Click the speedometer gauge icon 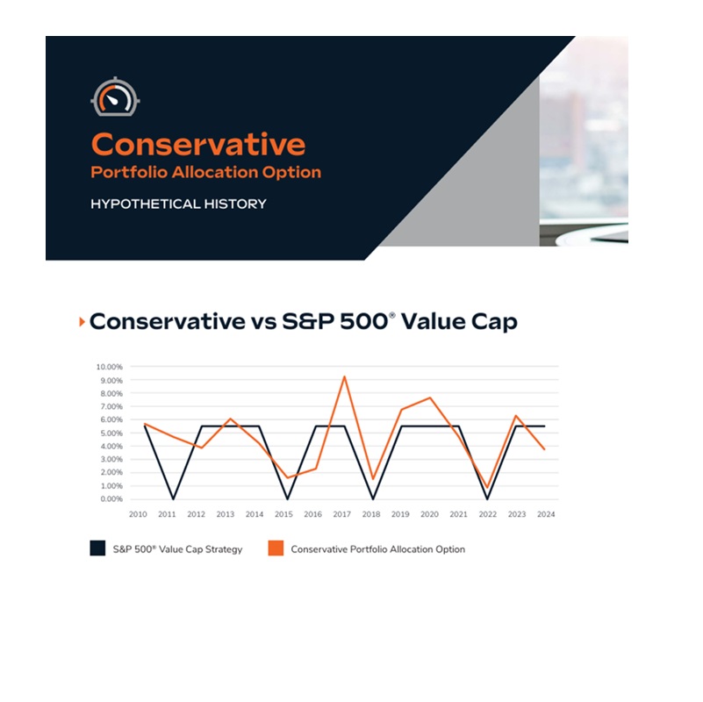pyautogui.click(x=115, y=97)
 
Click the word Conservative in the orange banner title pyautogui.click(x=198, y=144)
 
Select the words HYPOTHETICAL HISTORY pyautogui.click(x=178, y=204)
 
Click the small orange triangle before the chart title pyautogui.click(x=82, y=321)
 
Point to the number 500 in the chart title pyautogui.click(x=363, y=321)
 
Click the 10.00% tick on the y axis pyautogui.click(x=109, y=367)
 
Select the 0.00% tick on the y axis pyautogui.click(x=111, y=499)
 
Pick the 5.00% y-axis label pyautogui.click(x=111, y=433)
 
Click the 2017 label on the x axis pyautogui.click(x=341, y=514)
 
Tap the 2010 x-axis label pyautogui.click(x=138, y=514)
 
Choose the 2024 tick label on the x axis pyautogui.click(x=546, y=514)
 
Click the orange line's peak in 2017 pyautogui.click(x=344, y=377)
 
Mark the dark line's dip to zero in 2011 pyautogui.click(x=173, y=498)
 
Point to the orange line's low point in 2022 pyautogui.click(x=487, y=487)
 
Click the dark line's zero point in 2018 pyautogui.click(x=373, y=498)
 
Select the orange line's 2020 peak pyautogui.click(x=430, y=398)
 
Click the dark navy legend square pyautogui.click(x=97, y=548)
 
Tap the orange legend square pyautogui.click(x=276, y=548)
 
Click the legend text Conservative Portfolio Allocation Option pyautogui.click(x=378, y=549)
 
